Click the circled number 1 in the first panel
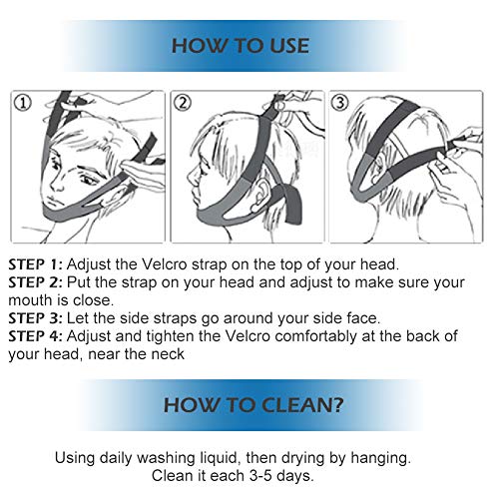[x=23, y=103]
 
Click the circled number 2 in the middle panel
[x=183, y=103]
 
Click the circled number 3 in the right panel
[x=339, y=102]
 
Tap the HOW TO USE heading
[x=241, y=46]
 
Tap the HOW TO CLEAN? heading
[x=253, y=405]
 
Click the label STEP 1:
[x=35, y=264]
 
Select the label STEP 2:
[x=35, y=282]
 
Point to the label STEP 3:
[x=35, y=318]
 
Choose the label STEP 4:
[x=35, y=336]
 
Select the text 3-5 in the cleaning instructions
[x=260, y=476]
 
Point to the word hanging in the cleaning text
[x=380, y=459]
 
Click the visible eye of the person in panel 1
[x=87, y=180]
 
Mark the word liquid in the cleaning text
[x=218, y=459]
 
